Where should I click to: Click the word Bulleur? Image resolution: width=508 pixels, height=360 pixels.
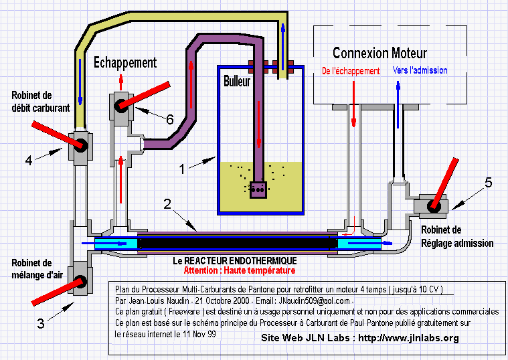click(x=237, y=81)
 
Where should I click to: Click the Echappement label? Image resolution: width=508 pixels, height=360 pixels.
click(x=125, y=62)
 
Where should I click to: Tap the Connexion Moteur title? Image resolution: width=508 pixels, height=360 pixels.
click(x=379, y=53)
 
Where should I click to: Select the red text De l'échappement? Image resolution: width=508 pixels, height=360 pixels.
click(x=351, y=71)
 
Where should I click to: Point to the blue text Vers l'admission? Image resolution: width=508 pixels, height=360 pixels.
click(x=420, y=70)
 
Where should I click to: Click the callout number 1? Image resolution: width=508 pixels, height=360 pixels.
click(x=182, y=169)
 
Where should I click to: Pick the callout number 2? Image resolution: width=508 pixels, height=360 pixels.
click(x=167, y=204)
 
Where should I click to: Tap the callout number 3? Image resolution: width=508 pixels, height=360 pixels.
click(x=41, y=323)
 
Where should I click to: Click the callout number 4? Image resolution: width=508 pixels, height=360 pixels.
click(x=29, y=161)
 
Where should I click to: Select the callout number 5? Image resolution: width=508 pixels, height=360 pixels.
click(x=489, y=183)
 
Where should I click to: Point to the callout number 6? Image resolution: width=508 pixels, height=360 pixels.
click(x=170, y=120)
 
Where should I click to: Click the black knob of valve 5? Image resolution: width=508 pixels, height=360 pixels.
click(x=434, y=206)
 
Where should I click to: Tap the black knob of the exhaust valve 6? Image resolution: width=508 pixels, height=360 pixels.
click(x=121, y=106)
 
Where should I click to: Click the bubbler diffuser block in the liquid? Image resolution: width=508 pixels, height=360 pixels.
click(x=258, y=189)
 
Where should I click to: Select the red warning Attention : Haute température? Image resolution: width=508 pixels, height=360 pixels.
click(x=240, y=270)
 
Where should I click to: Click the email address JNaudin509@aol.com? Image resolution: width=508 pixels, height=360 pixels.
click(x=314, y=300)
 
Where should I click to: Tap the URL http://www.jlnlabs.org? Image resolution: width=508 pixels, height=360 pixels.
click(x=408, y=338)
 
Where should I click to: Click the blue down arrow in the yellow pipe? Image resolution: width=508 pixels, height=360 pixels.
click(x=80, y=82)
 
